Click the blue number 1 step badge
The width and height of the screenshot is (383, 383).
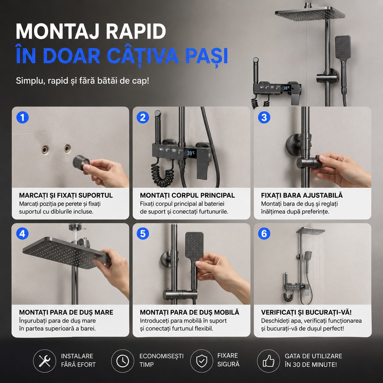coord(23,117)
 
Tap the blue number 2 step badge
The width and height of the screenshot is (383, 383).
coord(143,117)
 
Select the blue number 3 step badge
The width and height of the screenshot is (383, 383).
coord(264,117)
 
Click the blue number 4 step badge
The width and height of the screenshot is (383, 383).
coord(23,234)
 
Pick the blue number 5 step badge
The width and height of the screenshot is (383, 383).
coord(143,234)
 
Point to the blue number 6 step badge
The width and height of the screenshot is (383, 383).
coord(264,234)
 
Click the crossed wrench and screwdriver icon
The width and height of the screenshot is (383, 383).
coord(45,361)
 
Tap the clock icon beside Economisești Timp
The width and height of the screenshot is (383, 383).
coord(122,361)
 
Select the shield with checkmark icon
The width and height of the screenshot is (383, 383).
coord(202,361)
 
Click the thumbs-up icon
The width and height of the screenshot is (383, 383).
coord(268,361)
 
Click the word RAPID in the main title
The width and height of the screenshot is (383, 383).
coord(136,31)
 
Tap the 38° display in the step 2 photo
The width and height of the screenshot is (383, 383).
coord(191,153)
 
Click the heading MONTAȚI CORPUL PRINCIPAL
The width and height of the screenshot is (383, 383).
coord(187,195)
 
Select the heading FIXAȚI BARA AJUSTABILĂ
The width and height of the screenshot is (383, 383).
coord(302,195)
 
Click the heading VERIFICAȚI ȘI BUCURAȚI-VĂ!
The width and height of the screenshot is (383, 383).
coord(306,312)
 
